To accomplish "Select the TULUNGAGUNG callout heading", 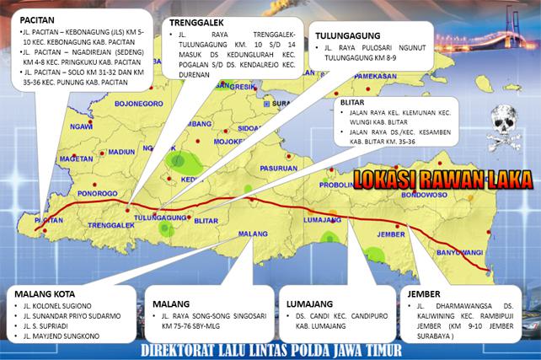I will click(345, 35).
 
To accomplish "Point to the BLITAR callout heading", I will click(351, 102).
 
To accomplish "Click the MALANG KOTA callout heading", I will click(45, 293).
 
